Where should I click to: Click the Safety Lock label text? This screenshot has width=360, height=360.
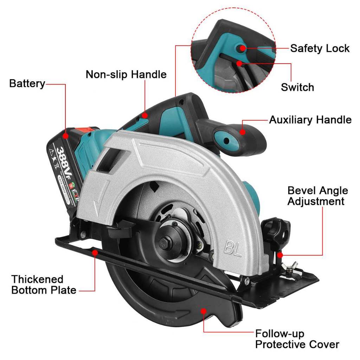[x=320, y=49]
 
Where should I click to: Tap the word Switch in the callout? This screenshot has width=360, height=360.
[x=297, y=87]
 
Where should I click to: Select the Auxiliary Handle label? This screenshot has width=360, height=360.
[x=310, y=120]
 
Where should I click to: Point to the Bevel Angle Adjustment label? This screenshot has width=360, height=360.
[x=315, y=196]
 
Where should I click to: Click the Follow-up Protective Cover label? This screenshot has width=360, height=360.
[x=297, y=339]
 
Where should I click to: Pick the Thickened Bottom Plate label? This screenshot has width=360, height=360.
[x=44, y=285]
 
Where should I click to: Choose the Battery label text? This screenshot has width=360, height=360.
[x=27, y=84]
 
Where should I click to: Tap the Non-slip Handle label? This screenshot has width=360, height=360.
[x=126, y=75]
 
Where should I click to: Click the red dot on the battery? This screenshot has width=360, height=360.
[x=66, y=135]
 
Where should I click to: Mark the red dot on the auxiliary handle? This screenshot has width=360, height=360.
[x=243, y=132]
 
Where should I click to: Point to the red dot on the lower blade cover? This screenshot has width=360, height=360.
[x=203, y=310]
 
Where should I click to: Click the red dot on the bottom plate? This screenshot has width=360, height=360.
[x=94, y=252]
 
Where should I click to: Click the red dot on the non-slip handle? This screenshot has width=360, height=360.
[x=144, y=115]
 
